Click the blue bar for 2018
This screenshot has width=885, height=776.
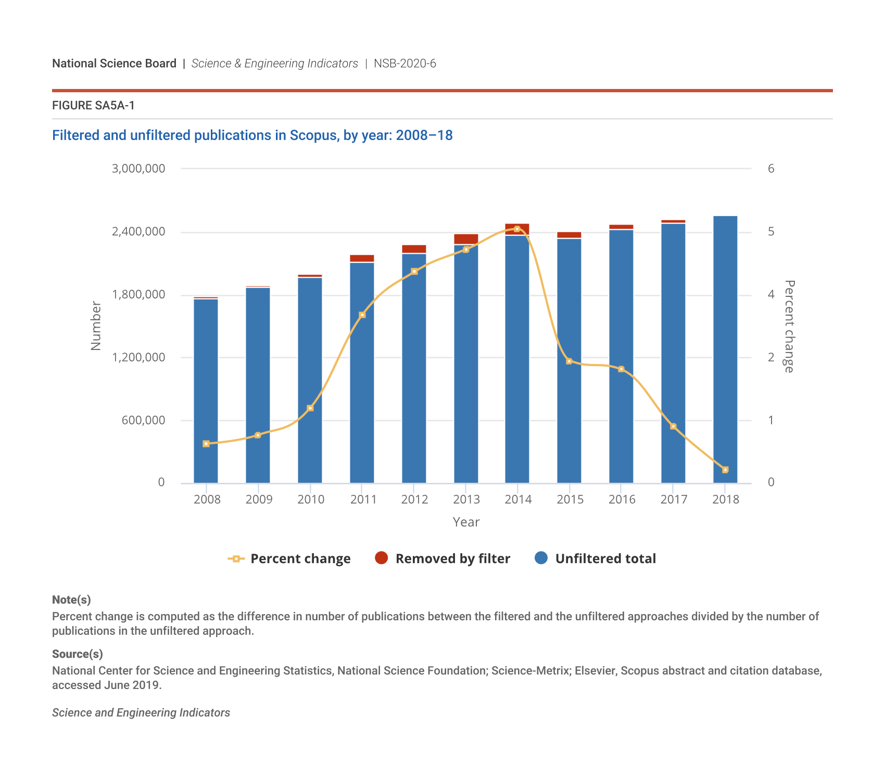725,349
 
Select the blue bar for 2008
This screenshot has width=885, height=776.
206,391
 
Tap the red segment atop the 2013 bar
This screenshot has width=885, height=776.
466,239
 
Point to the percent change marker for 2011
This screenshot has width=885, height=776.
362,315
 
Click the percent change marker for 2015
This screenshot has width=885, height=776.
569,361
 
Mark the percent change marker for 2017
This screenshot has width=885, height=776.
673,427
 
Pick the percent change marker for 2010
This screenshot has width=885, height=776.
310,408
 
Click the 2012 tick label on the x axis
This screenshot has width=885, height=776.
414,499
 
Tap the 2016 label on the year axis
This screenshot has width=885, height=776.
622,499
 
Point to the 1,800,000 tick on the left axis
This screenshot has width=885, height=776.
138,295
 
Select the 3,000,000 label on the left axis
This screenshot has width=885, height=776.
138,169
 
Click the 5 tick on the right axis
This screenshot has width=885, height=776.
771,232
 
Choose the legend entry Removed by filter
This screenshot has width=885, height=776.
443,558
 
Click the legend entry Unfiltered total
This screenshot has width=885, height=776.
596,558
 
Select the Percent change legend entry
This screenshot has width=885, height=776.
289,558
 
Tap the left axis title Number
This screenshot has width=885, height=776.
96,326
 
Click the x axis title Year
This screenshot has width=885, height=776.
466,522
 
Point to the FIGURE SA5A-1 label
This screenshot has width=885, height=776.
93,106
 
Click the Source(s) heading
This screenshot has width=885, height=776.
78,654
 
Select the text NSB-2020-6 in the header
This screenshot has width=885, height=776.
404,64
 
